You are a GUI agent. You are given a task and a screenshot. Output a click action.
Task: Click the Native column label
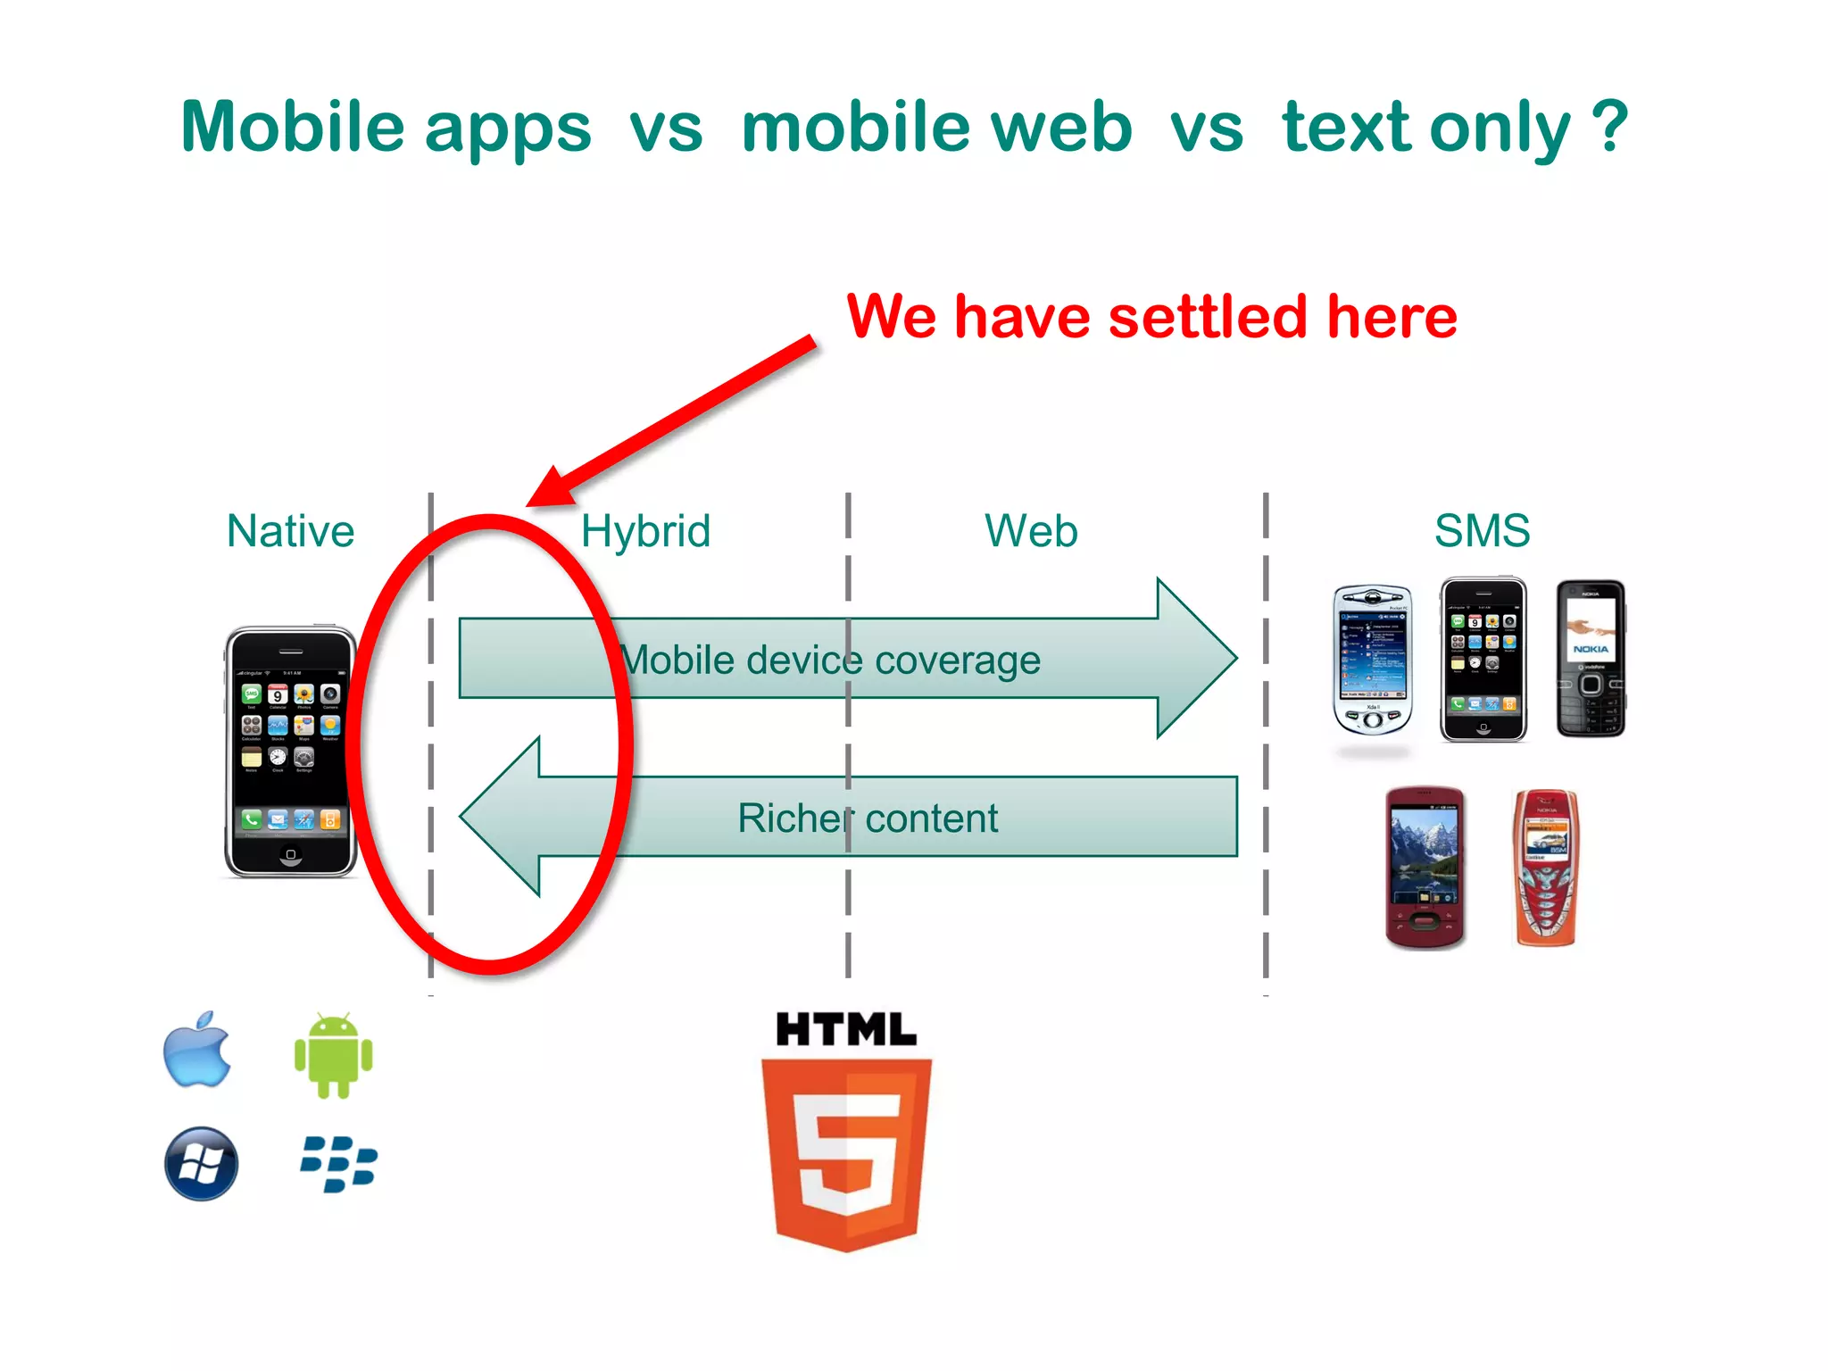[290, 531]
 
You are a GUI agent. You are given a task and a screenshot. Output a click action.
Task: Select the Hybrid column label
[645, 531]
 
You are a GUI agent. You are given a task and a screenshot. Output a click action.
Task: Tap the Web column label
[1031, 531]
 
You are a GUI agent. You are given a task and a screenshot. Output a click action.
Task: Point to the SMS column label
[1482, 531]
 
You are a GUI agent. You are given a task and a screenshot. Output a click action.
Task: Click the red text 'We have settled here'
[1151, 317]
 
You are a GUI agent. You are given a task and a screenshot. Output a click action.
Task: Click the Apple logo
[197, 1051]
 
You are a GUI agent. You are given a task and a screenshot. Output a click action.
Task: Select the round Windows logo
[202, 1164]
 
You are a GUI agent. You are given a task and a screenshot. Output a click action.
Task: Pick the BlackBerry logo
[338, 1164]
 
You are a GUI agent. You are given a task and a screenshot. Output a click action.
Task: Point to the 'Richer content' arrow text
[868, 818]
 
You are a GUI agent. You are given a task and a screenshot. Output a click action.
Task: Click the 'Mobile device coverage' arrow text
[830, 661]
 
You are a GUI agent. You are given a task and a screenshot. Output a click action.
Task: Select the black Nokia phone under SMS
[1591, 659]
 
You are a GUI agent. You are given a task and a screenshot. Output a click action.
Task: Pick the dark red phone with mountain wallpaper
[1425, 867]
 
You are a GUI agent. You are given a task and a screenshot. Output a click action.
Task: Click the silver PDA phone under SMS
[1373, 659]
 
